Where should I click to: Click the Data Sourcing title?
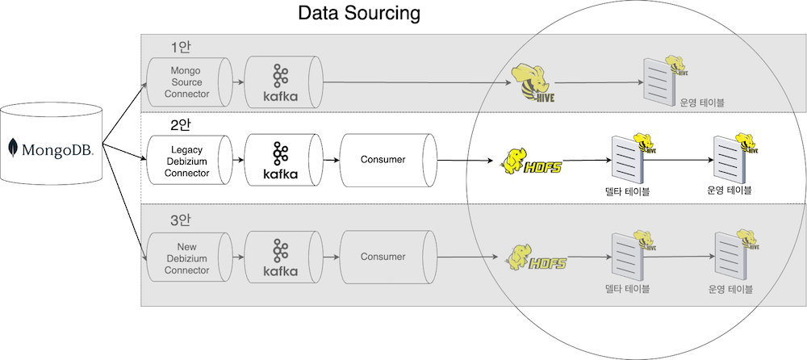click(359, 14)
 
